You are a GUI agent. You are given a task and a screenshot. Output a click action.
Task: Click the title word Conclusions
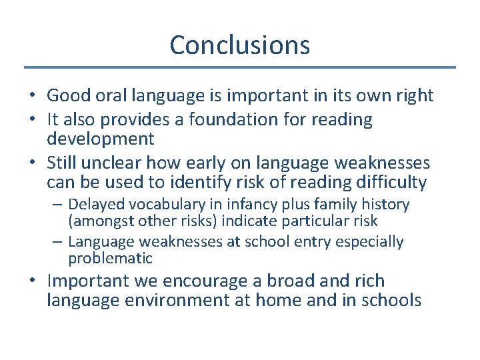239,45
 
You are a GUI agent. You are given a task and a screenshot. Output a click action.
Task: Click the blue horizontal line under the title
239,67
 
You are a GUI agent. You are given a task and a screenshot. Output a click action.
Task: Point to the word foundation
241,120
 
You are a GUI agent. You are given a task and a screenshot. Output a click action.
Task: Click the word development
100,139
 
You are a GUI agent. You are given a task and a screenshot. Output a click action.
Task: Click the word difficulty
395,181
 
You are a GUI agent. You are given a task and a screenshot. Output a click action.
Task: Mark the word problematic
110,258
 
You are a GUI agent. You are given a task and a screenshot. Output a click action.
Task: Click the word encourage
219,281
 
